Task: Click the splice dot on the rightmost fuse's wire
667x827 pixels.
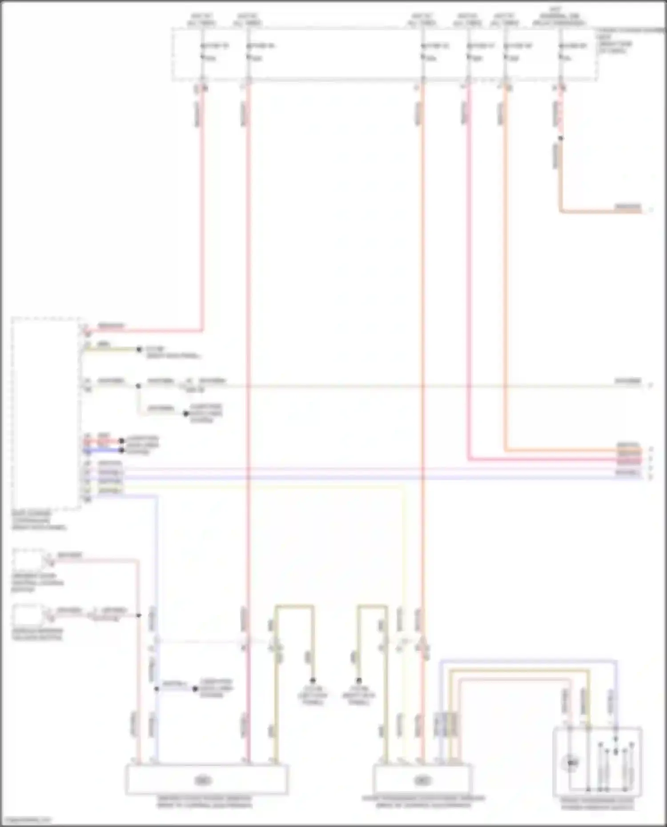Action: (560, 138)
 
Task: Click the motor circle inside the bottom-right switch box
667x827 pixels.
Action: (571, 763)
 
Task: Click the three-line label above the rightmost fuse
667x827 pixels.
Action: (559, 16)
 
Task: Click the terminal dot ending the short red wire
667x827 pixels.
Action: (121, 441)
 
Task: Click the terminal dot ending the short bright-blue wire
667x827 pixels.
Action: (121, 451)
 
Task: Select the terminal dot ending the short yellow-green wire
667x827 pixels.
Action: (139, 350)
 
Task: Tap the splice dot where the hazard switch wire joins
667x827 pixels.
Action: (139, 615)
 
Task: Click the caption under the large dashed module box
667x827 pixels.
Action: (39, 520)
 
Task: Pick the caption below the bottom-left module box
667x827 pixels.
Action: (204, 802)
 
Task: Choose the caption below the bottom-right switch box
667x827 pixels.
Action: (597, 803)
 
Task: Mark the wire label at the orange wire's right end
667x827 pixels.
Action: (628, 207)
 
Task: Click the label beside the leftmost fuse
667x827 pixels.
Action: (218, 46)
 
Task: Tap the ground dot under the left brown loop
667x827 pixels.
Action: (313, 681)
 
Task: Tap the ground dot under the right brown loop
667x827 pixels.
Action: (359, 681)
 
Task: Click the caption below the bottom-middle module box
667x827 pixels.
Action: (423, 802)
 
